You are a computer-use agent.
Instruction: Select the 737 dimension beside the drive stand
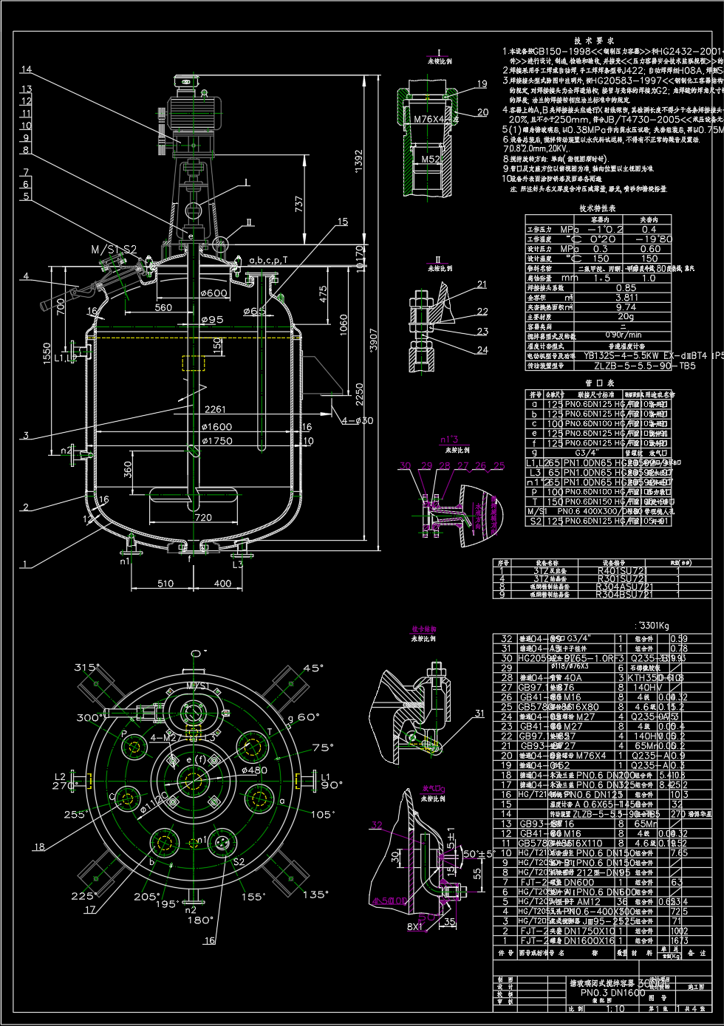pyautogui.click(x=299, y=204)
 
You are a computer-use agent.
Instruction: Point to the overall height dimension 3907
pyautogui.click(x=374, y=341)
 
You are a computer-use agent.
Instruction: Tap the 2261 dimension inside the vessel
pyautogui.click(x=215, y=409)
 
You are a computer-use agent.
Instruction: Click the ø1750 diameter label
pyautogui.click(x=216, y=441)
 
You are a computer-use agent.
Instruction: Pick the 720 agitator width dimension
pyautogui.click(x=203, y=517)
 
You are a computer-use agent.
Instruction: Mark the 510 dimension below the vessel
pyautogui.click(x=165, y=584)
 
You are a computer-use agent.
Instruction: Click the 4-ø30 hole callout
pyautogui.click(x=358, y=421)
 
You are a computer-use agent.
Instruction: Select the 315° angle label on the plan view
pyautogui.click(x=86, y=668)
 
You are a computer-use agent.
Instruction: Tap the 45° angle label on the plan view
pyautogui.click(x=313, y=668)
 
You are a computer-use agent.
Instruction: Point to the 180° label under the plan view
pyautogui.click(x=199, y=920)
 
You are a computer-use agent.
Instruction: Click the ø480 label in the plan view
pyautogui.click(x=254, y=770)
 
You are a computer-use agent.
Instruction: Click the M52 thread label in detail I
pyautogui.click(x=431, y=159)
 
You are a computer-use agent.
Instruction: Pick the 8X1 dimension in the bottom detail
pyautogui.click(x=414, y=926)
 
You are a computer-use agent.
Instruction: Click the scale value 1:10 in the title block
pyautogui.click(x=615, y=1009)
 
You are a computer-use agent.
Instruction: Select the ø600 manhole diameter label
pyautogui.click(x=215, y=293)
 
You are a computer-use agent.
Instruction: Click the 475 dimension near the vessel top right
pyautogui.click(x=323, y=294)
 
